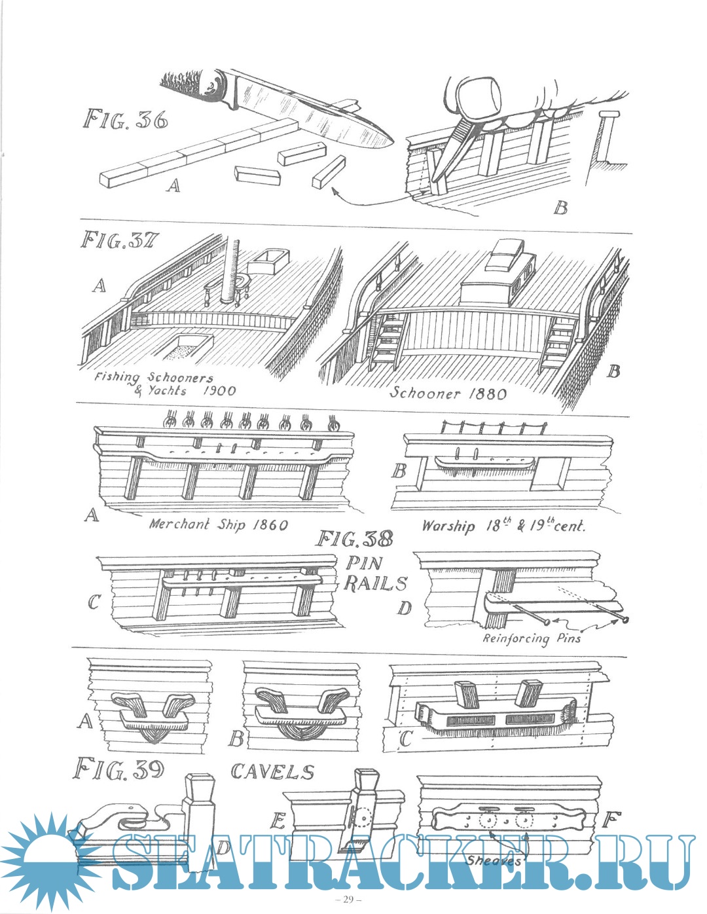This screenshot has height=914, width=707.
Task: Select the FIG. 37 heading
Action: pos(120,241)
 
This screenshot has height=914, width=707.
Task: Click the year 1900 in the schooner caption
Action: pos(219,391)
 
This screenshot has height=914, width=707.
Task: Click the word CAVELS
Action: pos(272,771)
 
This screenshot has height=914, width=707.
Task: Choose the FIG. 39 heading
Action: pos(118,769)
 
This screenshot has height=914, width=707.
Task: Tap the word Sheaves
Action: pos(493,860)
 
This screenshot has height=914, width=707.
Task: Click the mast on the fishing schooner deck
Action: pos(234,269)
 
